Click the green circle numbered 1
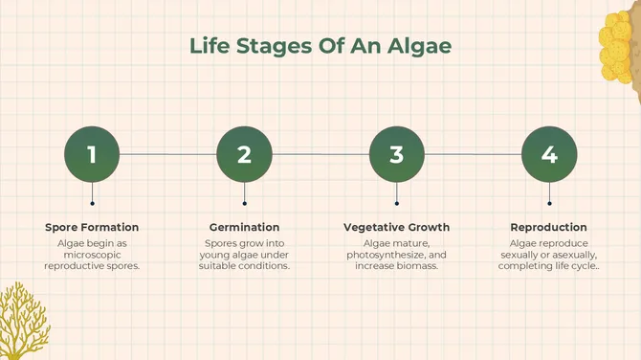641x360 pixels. tap(92, 154)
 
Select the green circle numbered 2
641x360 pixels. tap(244, 154)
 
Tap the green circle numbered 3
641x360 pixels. tap(396, 154)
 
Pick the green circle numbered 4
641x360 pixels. tap(549, 154)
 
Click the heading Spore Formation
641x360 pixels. tap(92, 227)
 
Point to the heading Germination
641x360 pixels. tap(244, 227)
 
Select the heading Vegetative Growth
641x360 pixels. tap(396, 227)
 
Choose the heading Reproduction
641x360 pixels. tap(548, 227)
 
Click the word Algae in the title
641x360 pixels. tap(418, 45)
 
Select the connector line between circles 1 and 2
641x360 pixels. tap(167, 154)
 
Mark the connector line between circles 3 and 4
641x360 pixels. tap(473, 154)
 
